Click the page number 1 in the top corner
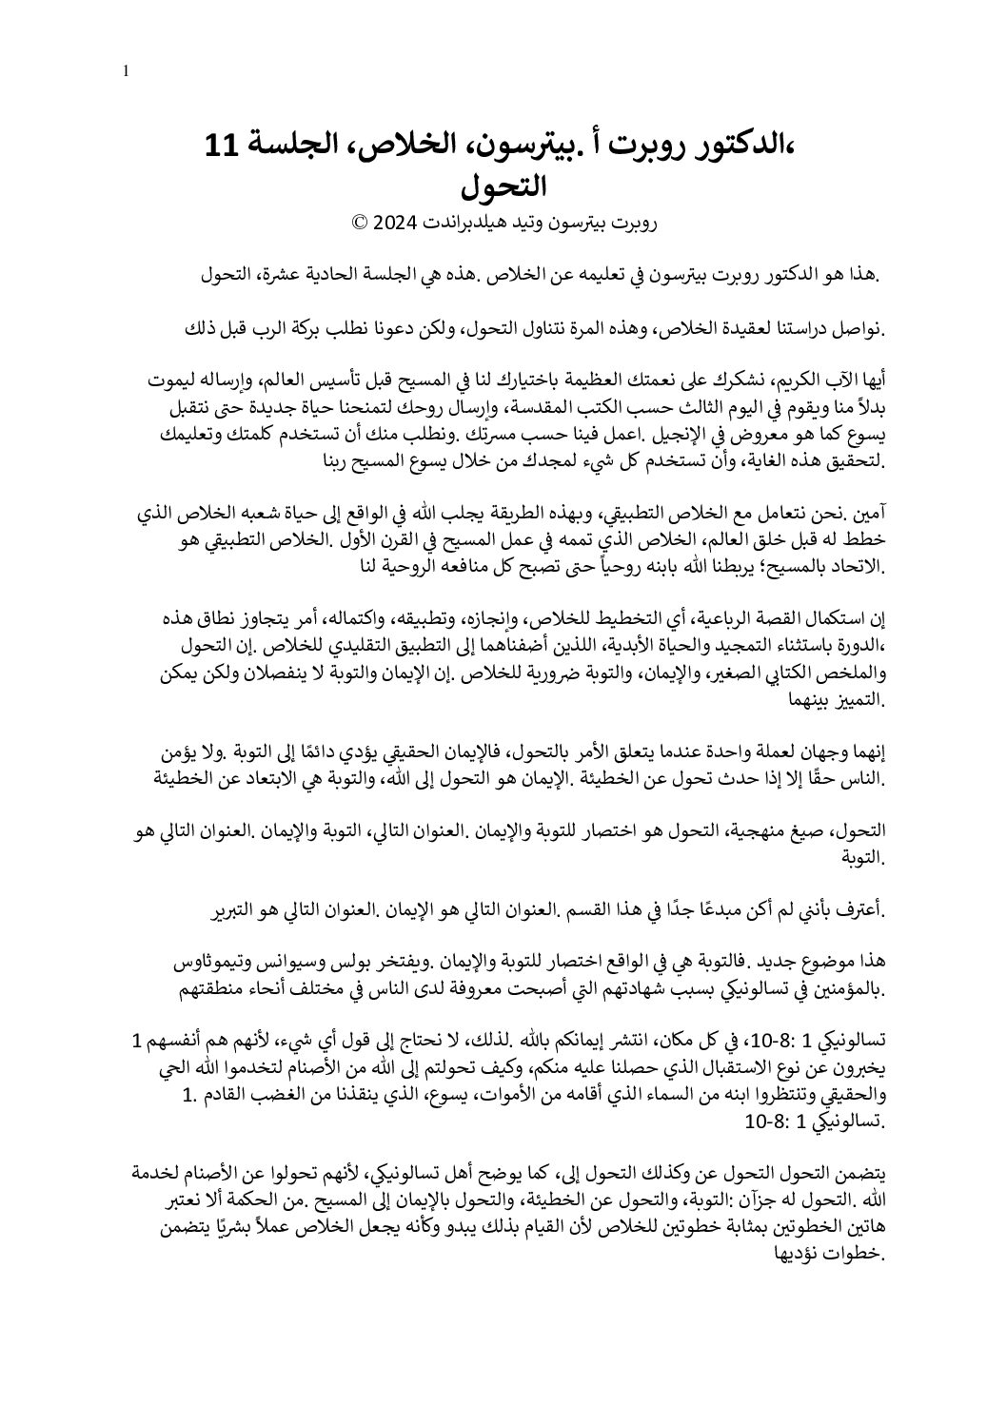pyautogui.click(x=128, y=70)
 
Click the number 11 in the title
pyautogui.click(x=226, y=146)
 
